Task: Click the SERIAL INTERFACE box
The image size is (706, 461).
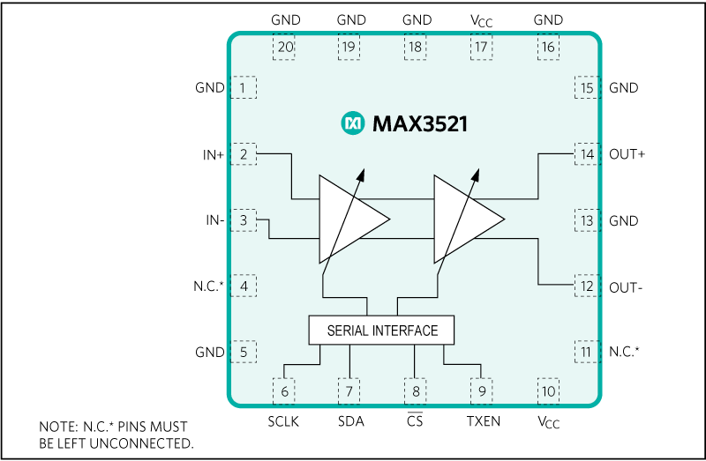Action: (381, 331)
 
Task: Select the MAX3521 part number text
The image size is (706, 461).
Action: (419, 124)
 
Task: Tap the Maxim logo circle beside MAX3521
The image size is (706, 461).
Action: (353, 123)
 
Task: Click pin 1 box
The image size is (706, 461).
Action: (244, 88)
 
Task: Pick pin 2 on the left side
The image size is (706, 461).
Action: (244, 154)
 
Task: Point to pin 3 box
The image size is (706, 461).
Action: (244, 220)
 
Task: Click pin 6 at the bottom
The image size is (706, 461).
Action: (284, 391)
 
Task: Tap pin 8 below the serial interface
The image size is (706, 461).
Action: (415, 391)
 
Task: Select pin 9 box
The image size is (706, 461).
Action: (482, 391)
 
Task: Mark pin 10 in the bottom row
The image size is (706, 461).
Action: (548, 391)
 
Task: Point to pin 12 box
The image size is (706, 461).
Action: (586, 286)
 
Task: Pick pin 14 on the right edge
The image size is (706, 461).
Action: (586, 154)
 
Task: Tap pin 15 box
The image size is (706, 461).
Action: (586, 88)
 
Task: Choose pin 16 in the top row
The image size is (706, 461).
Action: (548, 48)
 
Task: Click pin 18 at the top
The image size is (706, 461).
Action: (415, 48)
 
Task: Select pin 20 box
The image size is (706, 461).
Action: (284, 48)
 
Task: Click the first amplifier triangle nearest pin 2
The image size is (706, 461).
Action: (349, 219)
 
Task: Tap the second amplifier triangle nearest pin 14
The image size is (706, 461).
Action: (463, 219)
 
